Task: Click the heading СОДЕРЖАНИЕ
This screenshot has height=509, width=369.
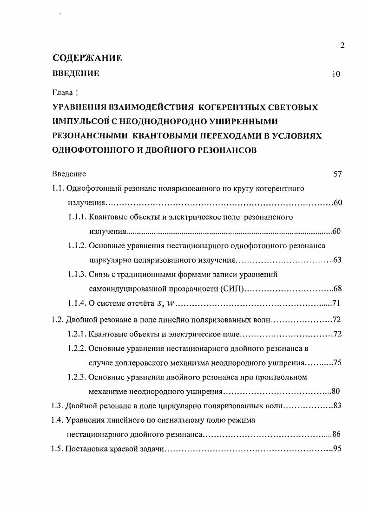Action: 87,58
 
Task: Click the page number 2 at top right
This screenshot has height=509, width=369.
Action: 342,45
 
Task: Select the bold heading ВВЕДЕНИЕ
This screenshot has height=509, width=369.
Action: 76,73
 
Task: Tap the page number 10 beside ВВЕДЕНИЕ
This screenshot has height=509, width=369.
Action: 336,74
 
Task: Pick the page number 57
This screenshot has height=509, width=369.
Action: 338,174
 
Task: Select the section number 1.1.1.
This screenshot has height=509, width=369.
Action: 77,217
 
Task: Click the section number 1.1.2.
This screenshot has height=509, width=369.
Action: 77,245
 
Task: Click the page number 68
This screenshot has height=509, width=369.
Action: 338,289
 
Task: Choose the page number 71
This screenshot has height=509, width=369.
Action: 338,304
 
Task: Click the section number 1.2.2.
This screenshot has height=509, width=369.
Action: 77,348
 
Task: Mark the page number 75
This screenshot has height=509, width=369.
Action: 338,363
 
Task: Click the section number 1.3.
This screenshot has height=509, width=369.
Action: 57,406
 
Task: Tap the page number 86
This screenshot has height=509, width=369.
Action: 337,435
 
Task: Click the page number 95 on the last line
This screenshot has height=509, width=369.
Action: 338,450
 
